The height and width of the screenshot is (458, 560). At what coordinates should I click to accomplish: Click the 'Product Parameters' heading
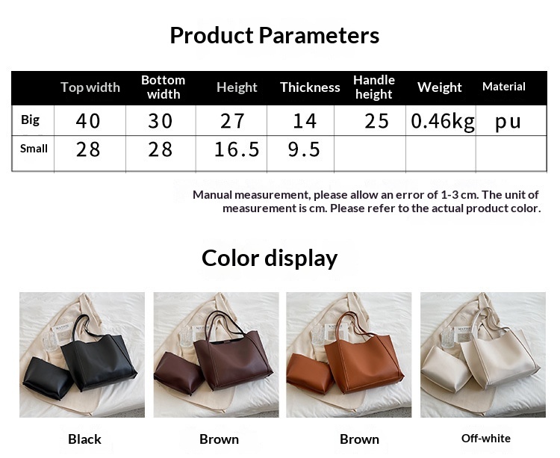click(x=274, y=36)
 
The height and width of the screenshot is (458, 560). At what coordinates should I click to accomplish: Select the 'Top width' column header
click(x=90, y=87)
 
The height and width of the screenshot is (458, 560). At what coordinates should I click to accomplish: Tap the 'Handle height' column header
click(x=374, y=87)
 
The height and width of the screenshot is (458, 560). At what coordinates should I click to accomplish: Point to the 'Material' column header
click(x=503, y=87)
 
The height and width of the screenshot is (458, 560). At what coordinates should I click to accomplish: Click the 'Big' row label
click(x=30, y=120)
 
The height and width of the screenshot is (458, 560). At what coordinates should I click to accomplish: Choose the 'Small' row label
click(x=34, y=148)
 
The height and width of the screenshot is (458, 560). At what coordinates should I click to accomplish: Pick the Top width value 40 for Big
click(x=88, y=121)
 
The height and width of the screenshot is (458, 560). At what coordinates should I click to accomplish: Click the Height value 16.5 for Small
click(x=237, y=149)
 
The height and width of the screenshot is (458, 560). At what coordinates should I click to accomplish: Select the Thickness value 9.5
click(x=304, y=149)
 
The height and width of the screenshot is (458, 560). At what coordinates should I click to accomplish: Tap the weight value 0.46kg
click(x=443, y=122)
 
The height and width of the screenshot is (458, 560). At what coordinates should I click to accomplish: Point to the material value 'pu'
click(x=508, y=123)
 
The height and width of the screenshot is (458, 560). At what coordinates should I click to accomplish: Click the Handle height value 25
click(x=376, y=121)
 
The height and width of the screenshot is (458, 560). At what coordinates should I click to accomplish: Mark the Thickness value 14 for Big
click(x=305, y=121)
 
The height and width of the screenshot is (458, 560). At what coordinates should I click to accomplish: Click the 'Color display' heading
click(x=270, y=259)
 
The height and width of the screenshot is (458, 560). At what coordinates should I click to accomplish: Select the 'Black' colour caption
click(x=84, y=439)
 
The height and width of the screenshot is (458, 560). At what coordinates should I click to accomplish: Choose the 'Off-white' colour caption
click(x=486, y=439)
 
